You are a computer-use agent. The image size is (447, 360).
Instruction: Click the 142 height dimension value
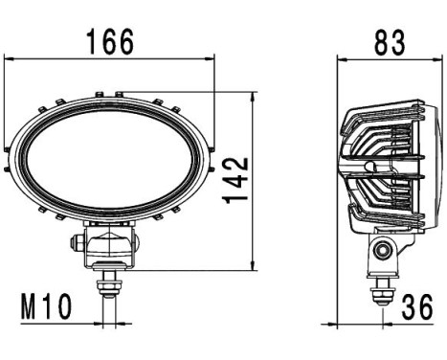[236, 180]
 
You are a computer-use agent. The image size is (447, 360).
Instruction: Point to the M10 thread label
[47, 307]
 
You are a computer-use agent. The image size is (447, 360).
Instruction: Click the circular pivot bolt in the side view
[385, 252]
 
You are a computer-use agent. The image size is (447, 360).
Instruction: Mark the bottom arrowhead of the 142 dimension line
[252, 267]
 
